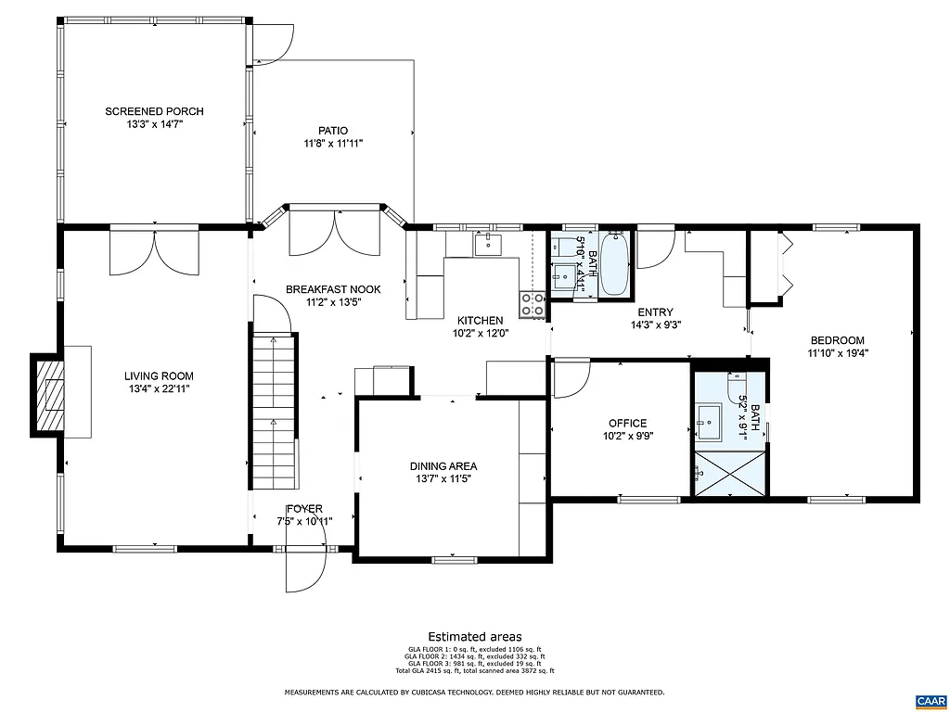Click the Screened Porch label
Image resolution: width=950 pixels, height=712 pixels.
point(153,111)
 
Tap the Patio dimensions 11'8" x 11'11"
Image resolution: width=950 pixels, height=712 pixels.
point(332,144)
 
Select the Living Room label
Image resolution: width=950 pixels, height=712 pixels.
point(159,375)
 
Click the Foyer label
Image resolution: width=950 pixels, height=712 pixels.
point(304,509)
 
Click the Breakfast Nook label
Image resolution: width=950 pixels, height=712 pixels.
point(332,288)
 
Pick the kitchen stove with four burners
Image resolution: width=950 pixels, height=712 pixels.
point(533,305)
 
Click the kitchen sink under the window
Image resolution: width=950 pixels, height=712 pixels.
point(487,245)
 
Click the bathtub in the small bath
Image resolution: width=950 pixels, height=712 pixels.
point(614,265)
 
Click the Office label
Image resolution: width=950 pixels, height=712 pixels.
point(627,423)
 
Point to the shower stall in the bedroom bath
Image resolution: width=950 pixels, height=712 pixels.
point(729,474)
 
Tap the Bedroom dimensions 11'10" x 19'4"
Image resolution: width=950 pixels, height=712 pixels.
point(837,352)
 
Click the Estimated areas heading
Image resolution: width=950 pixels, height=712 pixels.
point(474,636)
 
